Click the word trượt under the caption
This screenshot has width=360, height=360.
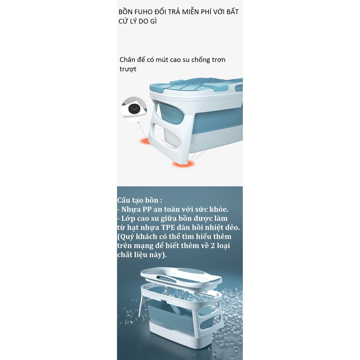(128, 69)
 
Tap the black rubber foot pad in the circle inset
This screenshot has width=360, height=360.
(134, 108)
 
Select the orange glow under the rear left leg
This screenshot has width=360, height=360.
(144, 141)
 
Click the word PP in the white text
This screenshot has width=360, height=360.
(147, 210)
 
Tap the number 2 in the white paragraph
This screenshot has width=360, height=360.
(213, 246)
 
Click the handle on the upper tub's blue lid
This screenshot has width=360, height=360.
(239, 88)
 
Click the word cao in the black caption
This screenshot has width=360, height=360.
(175, 60)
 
